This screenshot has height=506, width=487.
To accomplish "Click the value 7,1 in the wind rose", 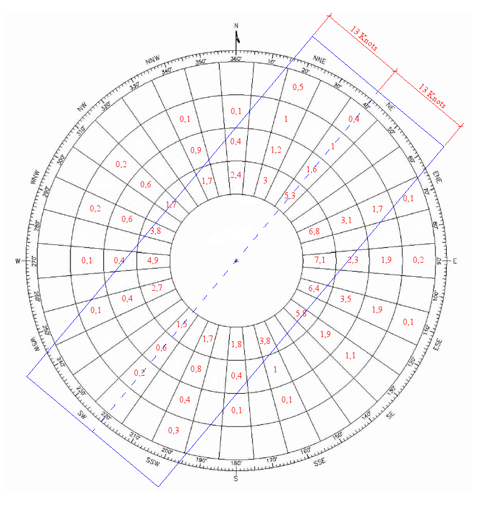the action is pos(319,261).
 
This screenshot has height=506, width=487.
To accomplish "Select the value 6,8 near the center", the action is pos(314,231).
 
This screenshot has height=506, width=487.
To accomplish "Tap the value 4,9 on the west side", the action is pos(153,261).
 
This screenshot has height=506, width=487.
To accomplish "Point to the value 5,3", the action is pos(290,195).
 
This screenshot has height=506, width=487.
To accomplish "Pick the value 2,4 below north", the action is pos(236,175).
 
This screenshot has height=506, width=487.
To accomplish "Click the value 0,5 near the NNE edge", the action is pos(298,88).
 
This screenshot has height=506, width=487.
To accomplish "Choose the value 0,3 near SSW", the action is pos(174,431).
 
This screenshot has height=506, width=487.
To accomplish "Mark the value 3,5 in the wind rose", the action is pos(346,299).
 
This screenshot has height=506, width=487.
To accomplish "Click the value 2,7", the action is pos(157,288).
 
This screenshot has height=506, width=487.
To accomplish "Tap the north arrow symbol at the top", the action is pos(237,36).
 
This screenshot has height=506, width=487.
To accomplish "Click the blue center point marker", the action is pos(236,261).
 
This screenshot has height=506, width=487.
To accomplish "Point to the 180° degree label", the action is pos(236,463).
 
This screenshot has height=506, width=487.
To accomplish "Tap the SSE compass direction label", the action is pos(319,462).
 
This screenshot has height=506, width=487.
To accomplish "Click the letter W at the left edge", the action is pos(17,261).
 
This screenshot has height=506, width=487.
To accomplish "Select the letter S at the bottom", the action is pos(236,479).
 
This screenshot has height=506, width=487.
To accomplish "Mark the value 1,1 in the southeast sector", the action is pos(351,356).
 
